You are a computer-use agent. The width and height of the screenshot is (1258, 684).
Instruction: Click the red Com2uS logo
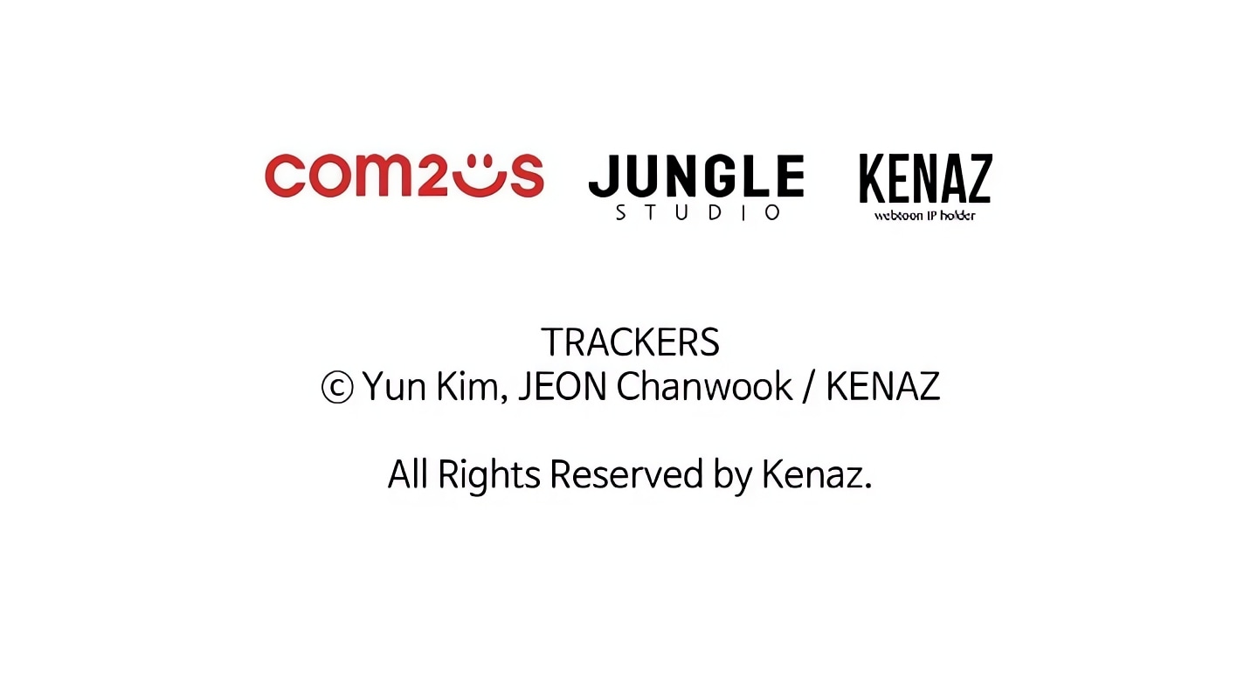tap(404, 176)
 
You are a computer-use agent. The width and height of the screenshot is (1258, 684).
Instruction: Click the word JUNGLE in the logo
tap(696, 176)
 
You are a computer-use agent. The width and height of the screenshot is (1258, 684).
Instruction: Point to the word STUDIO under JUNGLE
tap(697, 213)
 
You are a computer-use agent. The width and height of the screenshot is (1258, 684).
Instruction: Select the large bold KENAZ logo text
tap(925, 178)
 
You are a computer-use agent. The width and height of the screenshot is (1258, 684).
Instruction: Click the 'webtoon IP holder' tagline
tap(924, 216)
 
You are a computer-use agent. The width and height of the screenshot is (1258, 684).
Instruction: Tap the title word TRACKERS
tap(630, 342)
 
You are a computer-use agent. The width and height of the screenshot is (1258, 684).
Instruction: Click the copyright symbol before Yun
tap(337, 388)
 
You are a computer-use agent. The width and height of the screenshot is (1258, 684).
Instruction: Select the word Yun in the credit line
tap(394, 387)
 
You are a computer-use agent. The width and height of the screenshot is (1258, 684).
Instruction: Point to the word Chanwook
tap(704, 386)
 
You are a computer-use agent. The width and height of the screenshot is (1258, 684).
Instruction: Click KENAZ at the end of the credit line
tap(883, 386)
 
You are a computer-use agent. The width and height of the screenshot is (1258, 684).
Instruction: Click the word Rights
tap(489, 475)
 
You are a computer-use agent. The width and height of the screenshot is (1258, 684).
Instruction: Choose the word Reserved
tap(626, 474)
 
